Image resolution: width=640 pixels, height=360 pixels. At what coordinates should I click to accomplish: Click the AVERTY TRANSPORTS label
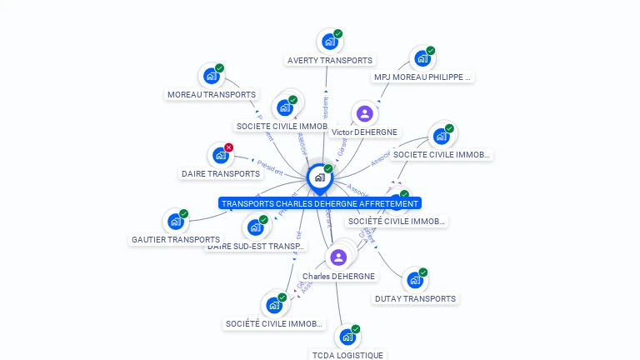pyautogui.click(x=330, y=60)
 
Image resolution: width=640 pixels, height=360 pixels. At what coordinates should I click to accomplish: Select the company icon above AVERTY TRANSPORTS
pyautogui.click(x=330, y=41)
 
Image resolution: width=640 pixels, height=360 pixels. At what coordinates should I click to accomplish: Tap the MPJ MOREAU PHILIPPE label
pyautogui.click(x=422, y=77)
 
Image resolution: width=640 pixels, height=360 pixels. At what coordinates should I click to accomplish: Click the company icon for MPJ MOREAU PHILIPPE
pyautogui.click(x=422, y=58)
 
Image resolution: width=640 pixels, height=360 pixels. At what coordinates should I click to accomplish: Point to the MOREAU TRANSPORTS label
pyautogui.click(x=212, y=95)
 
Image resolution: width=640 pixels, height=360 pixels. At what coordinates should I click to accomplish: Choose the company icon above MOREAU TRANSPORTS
pyautogui.click(x=212, y=76)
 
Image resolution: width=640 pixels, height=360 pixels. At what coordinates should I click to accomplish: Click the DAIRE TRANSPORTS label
pyautogui.click(x=221, y=173)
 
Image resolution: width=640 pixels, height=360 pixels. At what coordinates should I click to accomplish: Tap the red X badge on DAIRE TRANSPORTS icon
pyautogui.click(x=229, y=147)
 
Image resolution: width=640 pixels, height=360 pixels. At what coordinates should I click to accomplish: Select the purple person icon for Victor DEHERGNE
pyautogui.click(x=364, y=113)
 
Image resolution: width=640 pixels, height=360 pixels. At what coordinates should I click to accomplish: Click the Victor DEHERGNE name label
pyautogui.click(x=364, y=132)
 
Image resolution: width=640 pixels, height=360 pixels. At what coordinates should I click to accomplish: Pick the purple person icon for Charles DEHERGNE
pyautogui.click(x=338, y=257)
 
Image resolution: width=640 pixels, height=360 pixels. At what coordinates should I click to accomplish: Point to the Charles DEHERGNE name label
pyautogui.click(x=338, y=276)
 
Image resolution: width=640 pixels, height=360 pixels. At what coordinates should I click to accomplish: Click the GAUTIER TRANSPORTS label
pyautogui.click(x=176, y=239)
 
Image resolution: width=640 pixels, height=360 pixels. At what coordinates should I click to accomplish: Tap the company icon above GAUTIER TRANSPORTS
pyautogui.click(x=175, y=221)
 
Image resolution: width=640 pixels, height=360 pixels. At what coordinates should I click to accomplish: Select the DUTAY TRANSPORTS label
pyautogui.click(x=415, y=298)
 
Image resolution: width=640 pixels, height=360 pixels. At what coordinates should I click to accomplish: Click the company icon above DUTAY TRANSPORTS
pyautogui.click(x=414, y=280)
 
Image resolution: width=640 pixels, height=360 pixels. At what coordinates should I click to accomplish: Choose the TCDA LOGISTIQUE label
pyautogui.click(x=347, y=355)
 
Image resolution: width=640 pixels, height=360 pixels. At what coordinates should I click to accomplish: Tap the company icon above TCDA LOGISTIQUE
pyautogui.click(x=347, y=337)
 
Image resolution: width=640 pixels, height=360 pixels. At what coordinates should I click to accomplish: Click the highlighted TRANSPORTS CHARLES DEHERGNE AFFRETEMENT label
pyautogui.click(x=320, y=203)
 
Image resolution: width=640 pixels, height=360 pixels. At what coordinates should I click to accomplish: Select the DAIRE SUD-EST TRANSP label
pyautogui.click(x=257, y=246)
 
